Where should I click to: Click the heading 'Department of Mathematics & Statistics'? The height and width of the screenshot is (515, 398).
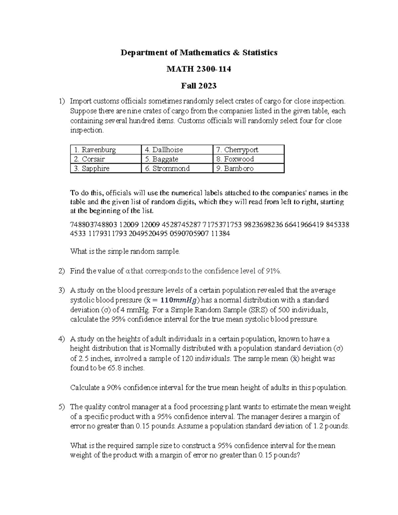199,52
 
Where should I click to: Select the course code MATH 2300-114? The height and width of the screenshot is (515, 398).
199,69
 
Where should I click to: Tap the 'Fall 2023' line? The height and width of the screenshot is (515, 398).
199,86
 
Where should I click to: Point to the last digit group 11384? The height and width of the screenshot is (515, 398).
220,234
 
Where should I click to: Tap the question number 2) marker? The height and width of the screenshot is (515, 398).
62,271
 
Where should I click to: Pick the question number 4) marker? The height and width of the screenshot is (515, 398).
62,339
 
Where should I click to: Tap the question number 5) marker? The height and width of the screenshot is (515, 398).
62,407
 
